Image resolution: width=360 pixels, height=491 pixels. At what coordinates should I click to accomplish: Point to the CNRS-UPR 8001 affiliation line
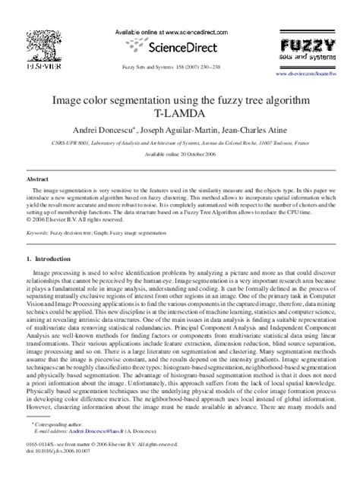click(179, 142)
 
